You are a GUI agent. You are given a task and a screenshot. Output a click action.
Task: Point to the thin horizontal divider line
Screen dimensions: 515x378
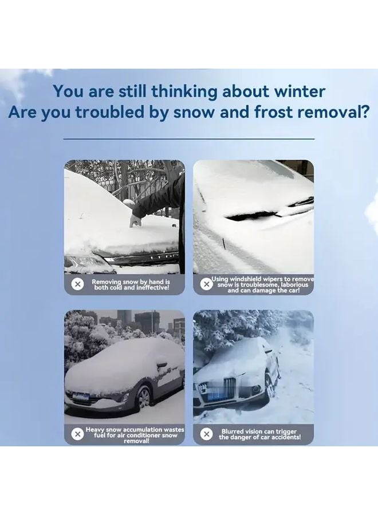pos(188,138)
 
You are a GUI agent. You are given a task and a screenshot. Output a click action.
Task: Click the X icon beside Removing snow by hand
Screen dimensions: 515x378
pos(78,284)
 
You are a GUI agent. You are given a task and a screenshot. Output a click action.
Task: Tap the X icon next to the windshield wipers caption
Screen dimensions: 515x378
pos(207,284)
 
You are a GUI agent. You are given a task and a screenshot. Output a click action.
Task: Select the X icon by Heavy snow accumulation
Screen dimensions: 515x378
pos(78,434)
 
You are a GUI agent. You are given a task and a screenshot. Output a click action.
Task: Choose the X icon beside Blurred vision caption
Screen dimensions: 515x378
pos(207,434)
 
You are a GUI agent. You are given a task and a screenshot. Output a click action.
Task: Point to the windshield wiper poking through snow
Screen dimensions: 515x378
pos(269,211)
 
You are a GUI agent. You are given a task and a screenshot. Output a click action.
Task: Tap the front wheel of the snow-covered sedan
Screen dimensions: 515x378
pos(143,397)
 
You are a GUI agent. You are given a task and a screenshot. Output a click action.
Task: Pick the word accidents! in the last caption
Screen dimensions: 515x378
pos(280,438)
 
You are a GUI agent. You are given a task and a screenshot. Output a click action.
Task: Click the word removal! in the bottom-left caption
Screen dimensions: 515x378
pos(136,441)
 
